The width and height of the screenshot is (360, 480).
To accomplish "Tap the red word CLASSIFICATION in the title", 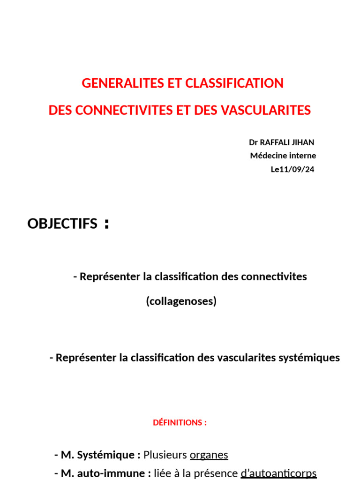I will click(234, 83).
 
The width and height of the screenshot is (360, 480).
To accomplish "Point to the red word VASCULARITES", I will click(265, 111).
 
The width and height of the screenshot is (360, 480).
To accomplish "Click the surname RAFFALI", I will click(276, 142).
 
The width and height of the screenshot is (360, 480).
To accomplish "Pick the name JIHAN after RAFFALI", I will click(305, 142).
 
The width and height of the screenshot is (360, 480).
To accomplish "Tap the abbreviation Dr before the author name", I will click(254, 142).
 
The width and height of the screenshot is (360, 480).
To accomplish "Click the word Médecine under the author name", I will click(267, 156).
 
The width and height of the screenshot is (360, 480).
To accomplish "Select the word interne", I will click(301, 156).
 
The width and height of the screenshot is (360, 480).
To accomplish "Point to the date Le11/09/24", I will click(292, 169).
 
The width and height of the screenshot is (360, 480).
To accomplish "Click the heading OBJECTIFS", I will click(62, 224).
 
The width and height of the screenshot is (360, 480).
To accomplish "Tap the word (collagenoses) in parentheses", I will click(181, 301).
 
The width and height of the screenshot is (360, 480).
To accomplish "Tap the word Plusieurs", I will click(165, 455).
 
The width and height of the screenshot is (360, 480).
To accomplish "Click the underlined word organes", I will click(209, 455).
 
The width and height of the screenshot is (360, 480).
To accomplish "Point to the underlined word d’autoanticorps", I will click(278, 473).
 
